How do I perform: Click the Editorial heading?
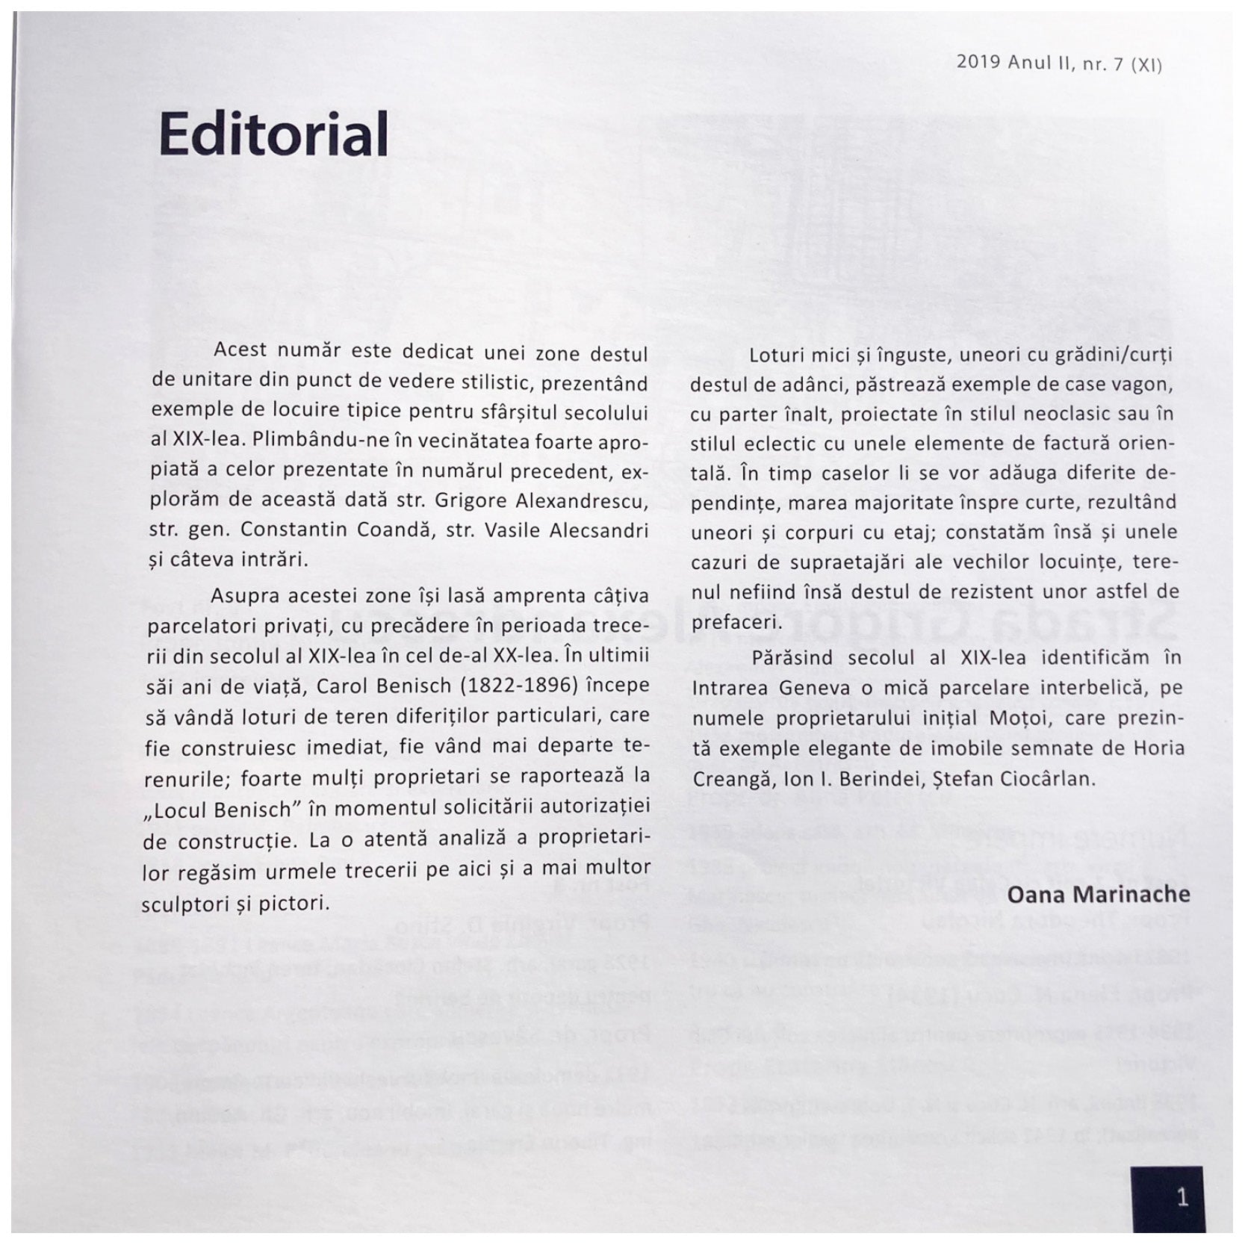coord(273,134)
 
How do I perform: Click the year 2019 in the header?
coord(978,63)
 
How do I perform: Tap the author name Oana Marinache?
coord(1099,894)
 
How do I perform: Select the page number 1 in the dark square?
coord(1182,1198)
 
